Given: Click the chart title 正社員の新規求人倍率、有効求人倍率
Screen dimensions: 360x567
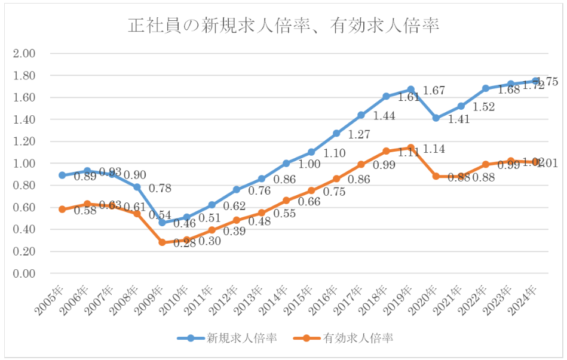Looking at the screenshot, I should [284, 26].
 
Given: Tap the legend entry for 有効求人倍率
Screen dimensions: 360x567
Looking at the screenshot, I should [357, 338].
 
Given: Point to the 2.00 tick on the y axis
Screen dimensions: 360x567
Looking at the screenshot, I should [24, 54].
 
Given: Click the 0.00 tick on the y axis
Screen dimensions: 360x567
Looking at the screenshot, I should [24, 273].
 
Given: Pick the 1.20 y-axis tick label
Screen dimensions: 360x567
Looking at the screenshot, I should [24, 141].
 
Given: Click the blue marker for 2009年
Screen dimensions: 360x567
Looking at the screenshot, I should [162, 223].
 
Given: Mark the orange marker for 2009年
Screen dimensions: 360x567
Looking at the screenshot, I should [162, 242].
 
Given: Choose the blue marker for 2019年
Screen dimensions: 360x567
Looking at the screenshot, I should [411, 90].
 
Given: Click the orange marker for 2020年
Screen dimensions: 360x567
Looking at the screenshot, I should [436, 176].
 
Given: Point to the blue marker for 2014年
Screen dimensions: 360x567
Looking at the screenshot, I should [286, 163].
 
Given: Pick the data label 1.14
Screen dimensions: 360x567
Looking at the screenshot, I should [434, 149].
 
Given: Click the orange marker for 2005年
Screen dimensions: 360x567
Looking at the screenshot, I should [62, 210].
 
